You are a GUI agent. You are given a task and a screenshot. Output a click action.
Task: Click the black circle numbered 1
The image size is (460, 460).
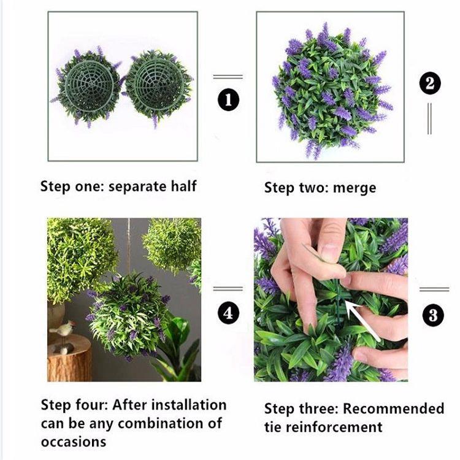(x=229, y=100)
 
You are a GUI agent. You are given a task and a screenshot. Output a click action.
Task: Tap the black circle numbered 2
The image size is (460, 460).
(x=430, y=83)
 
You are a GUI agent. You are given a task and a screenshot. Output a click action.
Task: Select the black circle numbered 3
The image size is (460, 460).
(x=433, y=315)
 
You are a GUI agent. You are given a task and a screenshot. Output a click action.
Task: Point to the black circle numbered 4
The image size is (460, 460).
(x=228, y=313)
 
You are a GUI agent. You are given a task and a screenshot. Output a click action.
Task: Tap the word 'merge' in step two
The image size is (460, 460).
(x=355, y=188)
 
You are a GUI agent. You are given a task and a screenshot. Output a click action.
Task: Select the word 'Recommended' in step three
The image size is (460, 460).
(x=393, y=408)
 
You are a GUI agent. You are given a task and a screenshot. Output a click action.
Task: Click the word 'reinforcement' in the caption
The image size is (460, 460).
(x=334, y=427)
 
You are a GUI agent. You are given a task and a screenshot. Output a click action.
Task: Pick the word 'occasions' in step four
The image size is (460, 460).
(x=74, y=442)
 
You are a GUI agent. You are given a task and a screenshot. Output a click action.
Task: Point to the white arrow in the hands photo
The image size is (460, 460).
(x=361, y=321)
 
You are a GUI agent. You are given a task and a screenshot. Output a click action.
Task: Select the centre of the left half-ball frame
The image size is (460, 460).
(x=88, y=86)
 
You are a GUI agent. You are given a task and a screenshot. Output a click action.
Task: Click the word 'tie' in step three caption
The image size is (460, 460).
(x=273, y=427)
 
